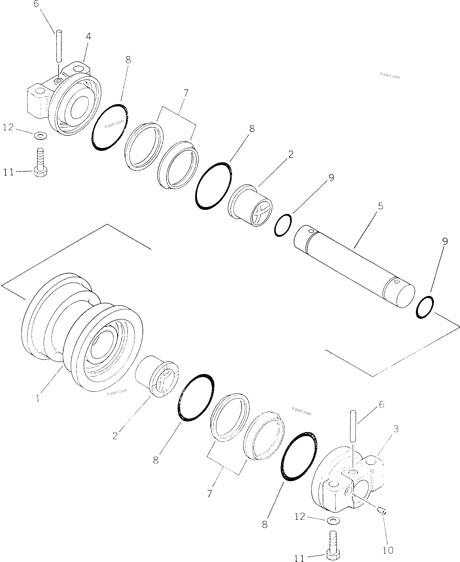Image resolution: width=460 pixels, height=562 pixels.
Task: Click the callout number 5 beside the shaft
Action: click(380, 206)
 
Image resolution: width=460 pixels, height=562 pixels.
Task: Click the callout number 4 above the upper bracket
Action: click(89, 37)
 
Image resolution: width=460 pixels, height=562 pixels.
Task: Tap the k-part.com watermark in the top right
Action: click(390, 76)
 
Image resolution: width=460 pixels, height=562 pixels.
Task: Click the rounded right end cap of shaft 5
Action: click(405, 296)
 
